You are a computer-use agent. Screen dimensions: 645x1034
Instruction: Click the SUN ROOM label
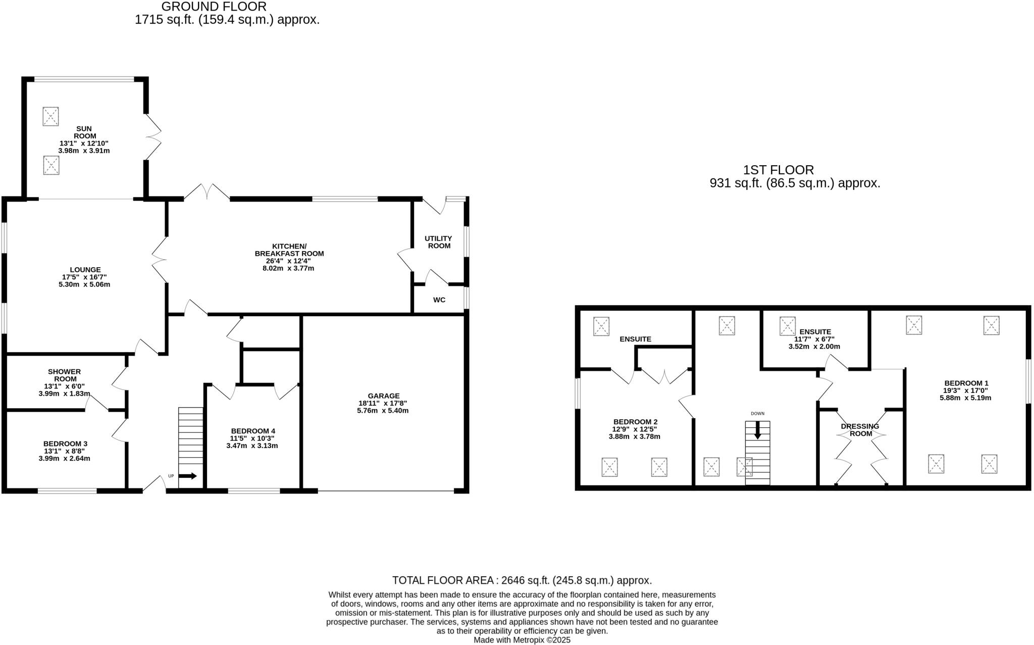[x=84, y=132]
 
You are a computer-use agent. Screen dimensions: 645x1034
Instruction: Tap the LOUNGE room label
[x=85, y=270]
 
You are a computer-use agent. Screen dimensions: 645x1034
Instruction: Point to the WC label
[x=439, y=300]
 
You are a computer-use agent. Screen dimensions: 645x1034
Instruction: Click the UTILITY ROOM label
[x=438, y=242]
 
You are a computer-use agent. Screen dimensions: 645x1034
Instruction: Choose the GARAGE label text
[x=383, y=396]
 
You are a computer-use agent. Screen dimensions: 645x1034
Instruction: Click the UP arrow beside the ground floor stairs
[x=188, y=476]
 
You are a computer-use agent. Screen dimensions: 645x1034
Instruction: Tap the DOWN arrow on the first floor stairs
[x=757, y=431]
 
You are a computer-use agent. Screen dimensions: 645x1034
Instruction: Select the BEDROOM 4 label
[x=252, y=431]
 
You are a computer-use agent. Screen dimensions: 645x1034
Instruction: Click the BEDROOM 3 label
[x=65, y=444]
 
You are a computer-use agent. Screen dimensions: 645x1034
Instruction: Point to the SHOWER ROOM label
[x=64, y=375]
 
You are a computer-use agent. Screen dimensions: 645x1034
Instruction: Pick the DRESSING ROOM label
[x=860, y=430]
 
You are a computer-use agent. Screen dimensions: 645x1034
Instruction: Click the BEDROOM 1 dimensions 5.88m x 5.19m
[x=965, y=398]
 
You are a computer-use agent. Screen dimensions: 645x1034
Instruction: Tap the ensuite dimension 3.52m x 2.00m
[x=814, y=347]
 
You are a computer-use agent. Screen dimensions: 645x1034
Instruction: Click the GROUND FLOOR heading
[x=214, y=7]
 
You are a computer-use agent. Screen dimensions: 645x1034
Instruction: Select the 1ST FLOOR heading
[x=778, y=170]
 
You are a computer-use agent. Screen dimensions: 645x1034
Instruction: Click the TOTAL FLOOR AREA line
[x=522, y=580]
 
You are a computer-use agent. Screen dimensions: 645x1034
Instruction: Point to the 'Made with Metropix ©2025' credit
[x=522, y=640]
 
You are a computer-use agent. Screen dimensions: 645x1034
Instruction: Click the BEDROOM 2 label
[x=635, y=422]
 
